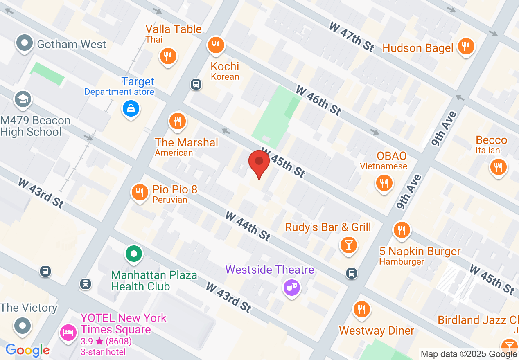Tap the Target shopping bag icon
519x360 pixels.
(131, 109)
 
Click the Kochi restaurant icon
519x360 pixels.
(216, 45)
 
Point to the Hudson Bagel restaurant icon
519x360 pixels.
(466, 46)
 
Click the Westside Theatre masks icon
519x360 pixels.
(292, 288)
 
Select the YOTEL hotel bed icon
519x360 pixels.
(68, 332)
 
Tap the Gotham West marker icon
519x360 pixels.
(25, 43)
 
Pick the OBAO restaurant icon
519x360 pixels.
(384, 182)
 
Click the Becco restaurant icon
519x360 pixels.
(498, 167)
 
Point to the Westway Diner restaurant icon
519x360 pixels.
(361, 309)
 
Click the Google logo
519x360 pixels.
(27, 350)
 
